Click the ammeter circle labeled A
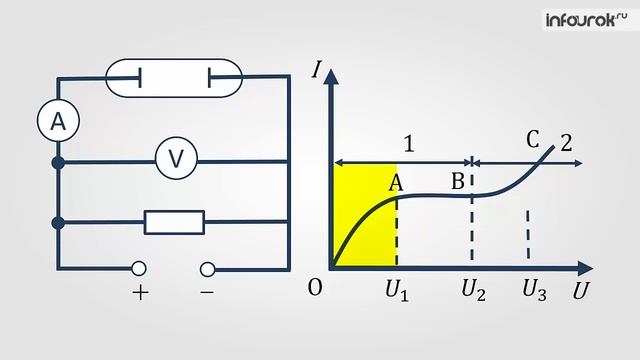pyautogui.click(x=58, y=122)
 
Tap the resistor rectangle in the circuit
pyautogui.click(x=174, y=222)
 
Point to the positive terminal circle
pyautogui.click(x=139, y=268)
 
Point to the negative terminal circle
pyautogui.click(x=207, y=268)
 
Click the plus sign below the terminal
pyautogui.click(x=140, y=293)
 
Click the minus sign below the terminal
pyautogui.click(x=207, y=293)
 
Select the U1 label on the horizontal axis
pyautogui.click(x=397, y=291)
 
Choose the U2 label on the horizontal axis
pyautogui.click(x=473, y=291)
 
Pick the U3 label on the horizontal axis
pyautogui.click(x=534, y=291)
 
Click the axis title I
pyautogui.click(x=317, y=71)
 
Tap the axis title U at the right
pyautogui.click(x=580, y=293)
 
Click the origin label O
pyautogui.click(x=315, y=288)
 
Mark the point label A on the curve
pyautogui.click(x=396, y=181)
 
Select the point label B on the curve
pyautogui.click(x=458, y=181)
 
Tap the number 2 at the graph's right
pyautogui.click(x=566, y=142)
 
